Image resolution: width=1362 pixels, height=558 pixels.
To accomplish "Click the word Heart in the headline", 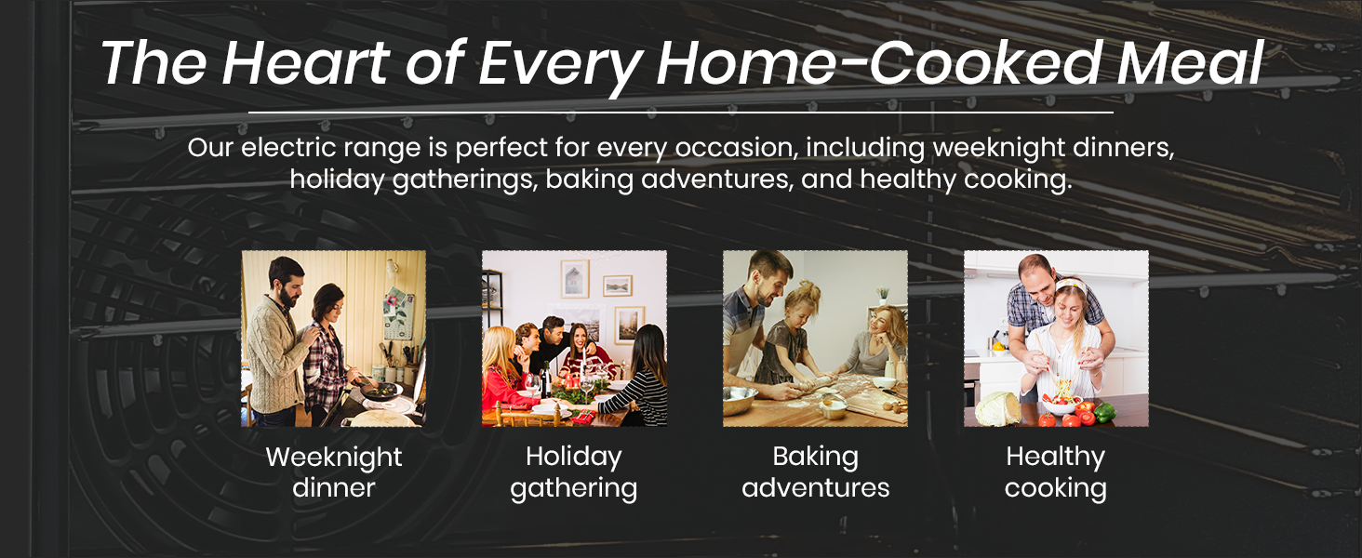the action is pyautogui.click(x=306, y=62).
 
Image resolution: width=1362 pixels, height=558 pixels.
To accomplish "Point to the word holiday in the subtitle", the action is pyautogui.click(x=336, y=179).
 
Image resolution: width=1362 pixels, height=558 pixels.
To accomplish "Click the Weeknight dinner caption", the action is pyautogui.click(x=334, y=472).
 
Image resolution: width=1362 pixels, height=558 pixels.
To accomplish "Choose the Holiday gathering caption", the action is pyautogui.click(x=574, y=472).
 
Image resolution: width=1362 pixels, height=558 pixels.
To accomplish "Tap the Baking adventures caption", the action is pyautogui.click(x=815, y=472).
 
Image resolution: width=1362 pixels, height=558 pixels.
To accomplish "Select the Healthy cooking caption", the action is pyautogui.click(x=1056, y=472).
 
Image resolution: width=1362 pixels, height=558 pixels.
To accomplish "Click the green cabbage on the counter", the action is pyautogui.click(x=998, y=409).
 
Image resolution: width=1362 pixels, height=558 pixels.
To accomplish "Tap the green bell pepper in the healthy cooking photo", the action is pyautogui.click(x=1103, y=413).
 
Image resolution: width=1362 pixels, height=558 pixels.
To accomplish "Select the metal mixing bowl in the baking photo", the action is pyautogui.click(x=740, y=399).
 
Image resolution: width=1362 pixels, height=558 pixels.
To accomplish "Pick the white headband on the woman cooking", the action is pyautogui.click(x=1070, y=284).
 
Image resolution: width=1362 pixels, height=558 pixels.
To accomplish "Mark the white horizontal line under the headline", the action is pyautogui.click(x=681, y=113).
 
